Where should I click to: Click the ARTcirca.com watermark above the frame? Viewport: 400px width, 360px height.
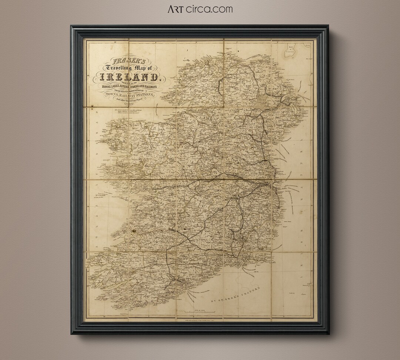(200, 9)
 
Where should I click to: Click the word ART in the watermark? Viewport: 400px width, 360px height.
(177, 9)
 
